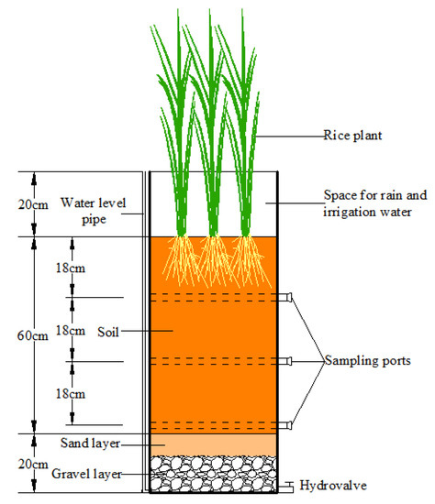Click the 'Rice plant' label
click(x=351, y=137)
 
